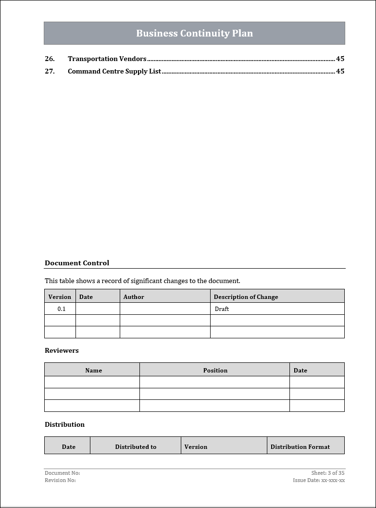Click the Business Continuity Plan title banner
[x=194, y=33]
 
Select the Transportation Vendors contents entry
[x=107, y=59]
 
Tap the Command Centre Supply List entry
[x=114, y=71]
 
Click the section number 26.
[x=50, y=59]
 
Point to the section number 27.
[x=50, y=71]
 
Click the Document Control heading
[x=77, y=263]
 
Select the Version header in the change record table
[x=60, y=297]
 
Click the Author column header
[x=134, y=297]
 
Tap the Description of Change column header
[x=246, y=297]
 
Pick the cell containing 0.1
[x=61, y=309]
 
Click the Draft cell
[x=222, y=309]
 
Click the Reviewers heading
[x=62, y=350]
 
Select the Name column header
[x=93, y=370]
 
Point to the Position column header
[x=215, y=370]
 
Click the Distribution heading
[x=64, y=424]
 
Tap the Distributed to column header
[x=136, y=446]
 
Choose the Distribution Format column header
[x=300, y=446]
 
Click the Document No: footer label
[x=62, y=473]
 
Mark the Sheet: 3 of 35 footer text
[x=327, y=473]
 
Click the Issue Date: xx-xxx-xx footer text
[x=319, y=480]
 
